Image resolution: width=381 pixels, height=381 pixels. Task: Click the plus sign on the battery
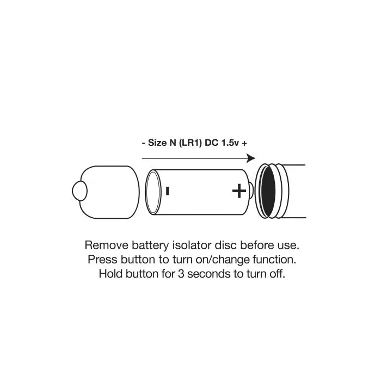click(239, 190)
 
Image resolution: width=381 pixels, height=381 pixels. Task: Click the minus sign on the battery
click(167, 190)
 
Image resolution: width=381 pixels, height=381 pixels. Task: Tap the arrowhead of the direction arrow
click(251, 158)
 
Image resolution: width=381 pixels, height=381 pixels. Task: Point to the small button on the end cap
click(79, 190)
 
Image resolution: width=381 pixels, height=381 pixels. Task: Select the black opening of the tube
click(268, 192)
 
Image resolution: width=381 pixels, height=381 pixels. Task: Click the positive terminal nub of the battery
click(251, 190)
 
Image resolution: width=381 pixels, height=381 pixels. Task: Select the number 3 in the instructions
click(181, 274)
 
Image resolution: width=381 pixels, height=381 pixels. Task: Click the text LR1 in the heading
click(190, 143)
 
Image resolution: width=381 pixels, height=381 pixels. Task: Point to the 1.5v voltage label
click(230, 143)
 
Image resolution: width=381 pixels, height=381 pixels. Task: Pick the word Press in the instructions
click(103, 260)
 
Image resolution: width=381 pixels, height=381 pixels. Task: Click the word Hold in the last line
click(110, 274)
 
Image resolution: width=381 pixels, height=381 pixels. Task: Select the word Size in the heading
click(157, 143)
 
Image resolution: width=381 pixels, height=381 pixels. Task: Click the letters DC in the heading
click(211, 143)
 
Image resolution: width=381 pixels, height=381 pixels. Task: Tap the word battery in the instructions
click(150, 245)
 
